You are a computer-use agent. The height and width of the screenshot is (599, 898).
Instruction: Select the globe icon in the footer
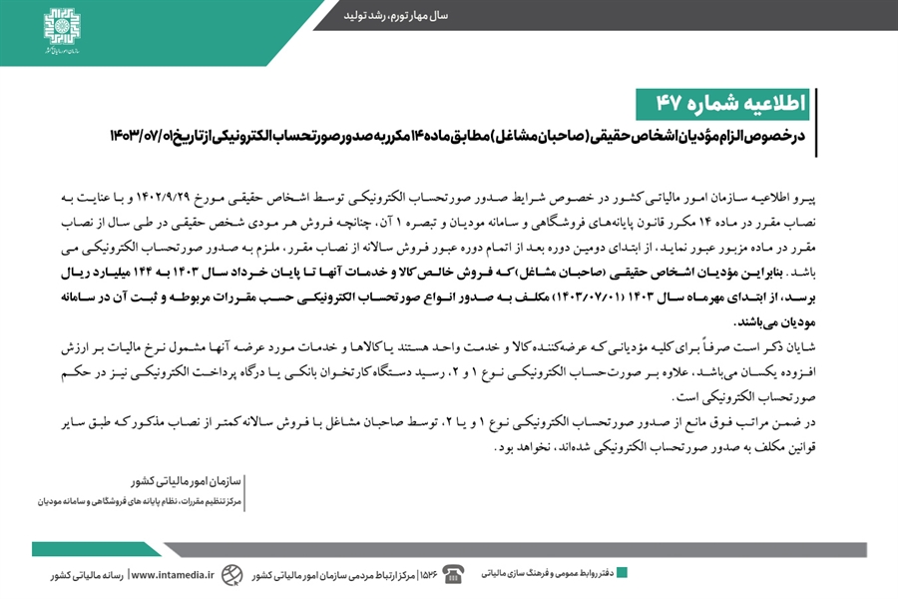pyautogui.click(x=231, y=574)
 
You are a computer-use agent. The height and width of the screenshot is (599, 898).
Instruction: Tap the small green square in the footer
pyautogui.click(x=622, y=572)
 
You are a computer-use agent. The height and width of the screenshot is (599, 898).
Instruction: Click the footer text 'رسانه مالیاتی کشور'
pyautogui.click(x=87, y=575)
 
